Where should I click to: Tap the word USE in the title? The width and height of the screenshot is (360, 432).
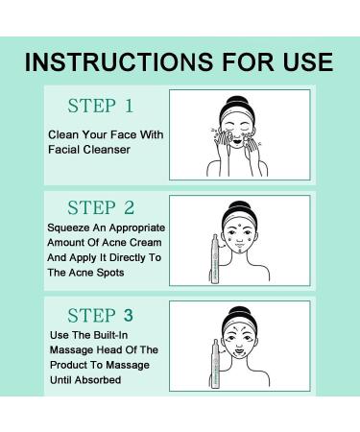coord(304,63)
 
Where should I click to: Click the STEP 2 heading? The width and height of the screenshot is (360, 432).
coord(101,208)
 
